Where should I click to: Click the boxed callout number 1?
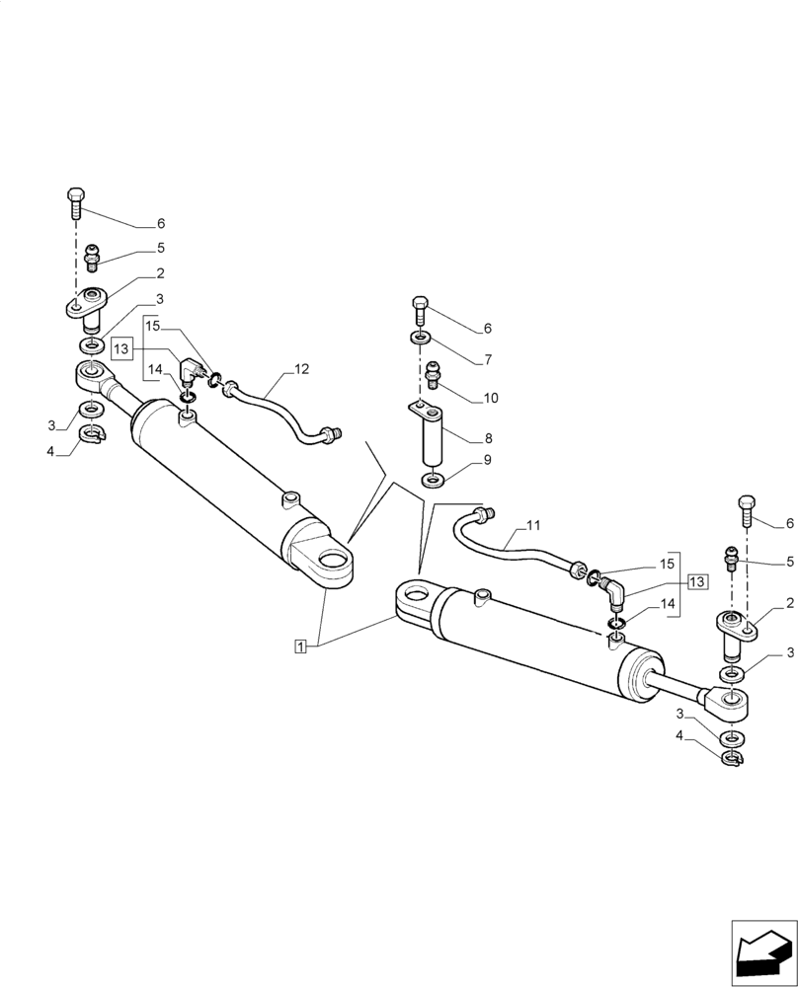[x=300, y=645]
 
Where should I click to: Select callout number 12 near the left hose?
[x=301, y=369]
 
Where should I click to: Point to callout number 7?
[x=487, y=360]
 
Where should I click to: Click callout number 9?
[x=487, y=460]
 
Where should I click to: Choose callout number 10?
[x=491, y=398]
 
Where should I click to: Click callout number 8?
[x=487, y=437]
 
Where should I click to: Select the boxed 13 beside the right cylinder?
[x=697, y=581]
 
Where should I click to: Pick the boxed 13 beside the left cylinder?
[x=120, y=348]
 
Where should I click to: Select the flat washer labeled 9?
[x=433, y=480]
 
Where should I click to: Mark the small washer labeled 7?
[x=420, y=340]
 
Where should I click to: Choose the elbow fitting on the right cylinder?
[x=612, y=593]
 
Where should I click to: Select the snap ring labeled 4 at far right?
[x=732, y=758]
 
